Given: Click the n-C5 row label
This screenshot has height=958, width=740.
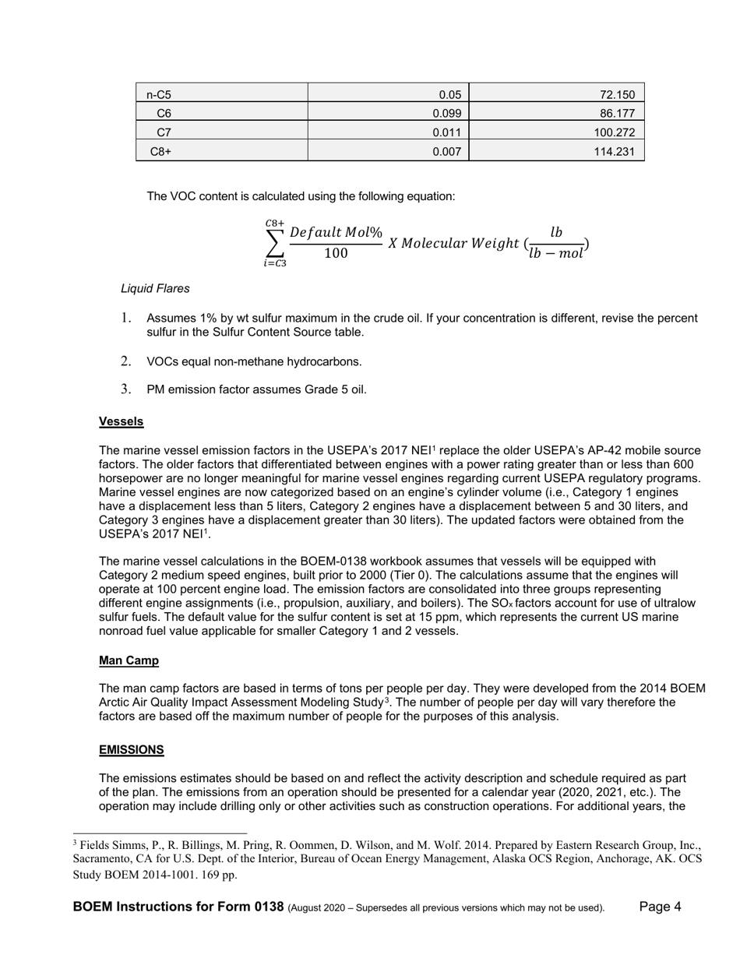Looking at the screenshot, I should (x=159, y=95).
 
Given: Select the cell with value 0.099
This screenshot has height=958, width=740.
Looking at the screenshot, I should (x=447, y=114).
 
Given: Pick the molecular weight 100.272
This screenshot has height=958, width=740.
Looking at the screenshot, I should (x=615, y=132).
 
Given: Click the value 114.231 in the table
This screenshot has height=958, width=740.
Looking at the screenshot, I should (x=615, y=152).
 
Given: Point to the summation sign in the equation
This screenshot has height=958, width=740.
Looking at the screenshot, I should (x=274, y=243).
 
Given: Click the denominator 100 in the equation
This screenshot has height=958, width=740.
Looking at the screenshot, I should (x=336, y=253).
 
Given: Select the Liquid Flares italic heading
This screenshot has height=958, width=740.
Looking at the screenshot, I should (x=155, y=288).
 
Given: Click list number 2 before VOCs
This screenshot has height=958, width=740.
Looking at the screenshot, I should (x=126, y=361).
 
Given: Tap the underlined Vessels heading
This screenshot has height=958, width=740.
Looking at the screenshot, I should (x=121, y=421).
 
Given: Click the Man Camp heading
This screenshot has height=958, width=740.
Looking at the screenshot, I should (x=129, y=660).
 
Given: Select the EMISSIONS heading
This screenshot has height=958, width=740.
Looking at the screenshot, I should (x=131, y=749).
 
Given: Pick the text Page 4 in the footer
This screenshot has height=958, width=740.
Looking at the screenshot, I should (x=660, y=907).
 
